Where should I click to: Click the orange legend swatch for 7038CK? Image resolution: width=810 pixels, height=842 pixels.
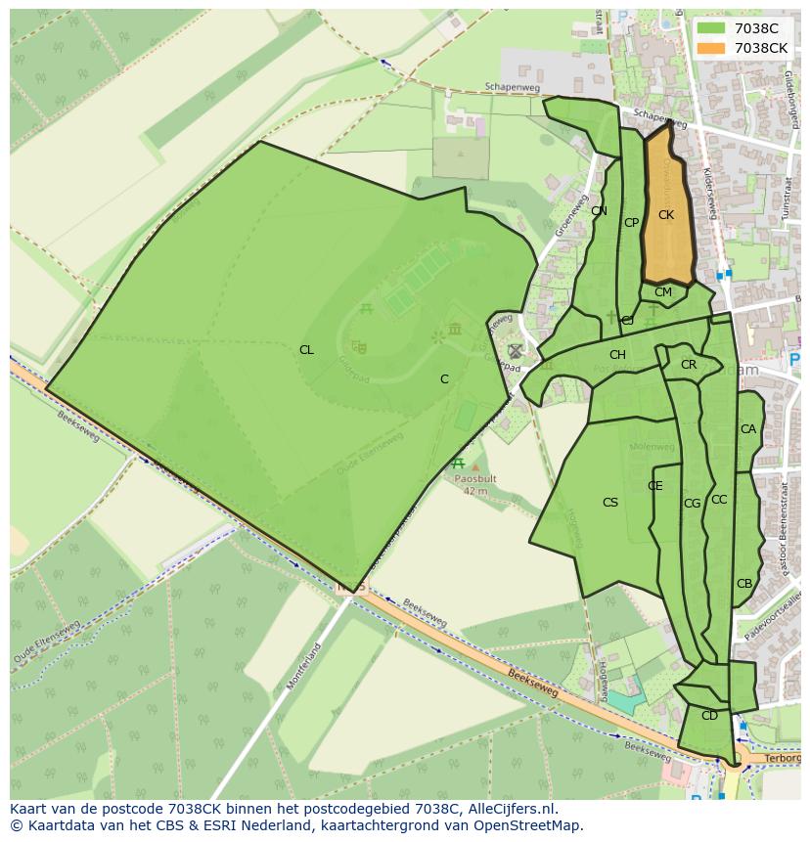711,48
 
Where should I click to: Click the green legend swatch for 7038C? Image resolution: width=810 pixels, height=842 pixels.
711,28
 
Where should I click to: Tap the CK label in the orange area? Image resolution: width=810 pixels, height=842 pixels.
665,215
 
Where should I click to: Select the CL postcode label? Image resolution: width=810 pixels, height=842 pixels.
306,350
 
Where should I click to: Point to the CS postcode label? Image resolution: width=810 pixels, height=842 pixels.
609,503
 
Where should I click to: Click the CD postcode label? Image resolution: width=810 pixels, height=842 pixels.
709,716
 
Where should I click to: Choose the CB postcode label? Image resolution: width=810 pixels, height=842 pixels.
744,584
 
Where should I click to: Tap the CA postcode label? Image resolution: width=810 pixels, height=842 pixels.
748,429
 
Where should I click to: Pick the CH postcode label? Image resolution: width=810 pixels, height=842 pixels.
617,355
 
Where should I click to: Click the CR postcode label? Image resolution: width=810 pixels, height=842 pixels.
689,365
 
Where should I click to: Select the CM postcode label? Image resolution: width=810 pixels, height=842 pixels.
663,292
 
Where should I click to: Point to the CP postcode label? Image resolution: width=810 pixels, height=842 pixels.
631,223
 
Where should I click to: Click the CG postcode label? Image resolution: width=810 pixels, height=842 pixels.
692,504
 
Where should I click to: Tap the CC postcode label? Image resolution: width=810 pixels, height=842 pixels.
719,500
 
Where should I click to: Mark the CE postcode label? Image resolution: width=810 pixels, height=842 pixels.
655,486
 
